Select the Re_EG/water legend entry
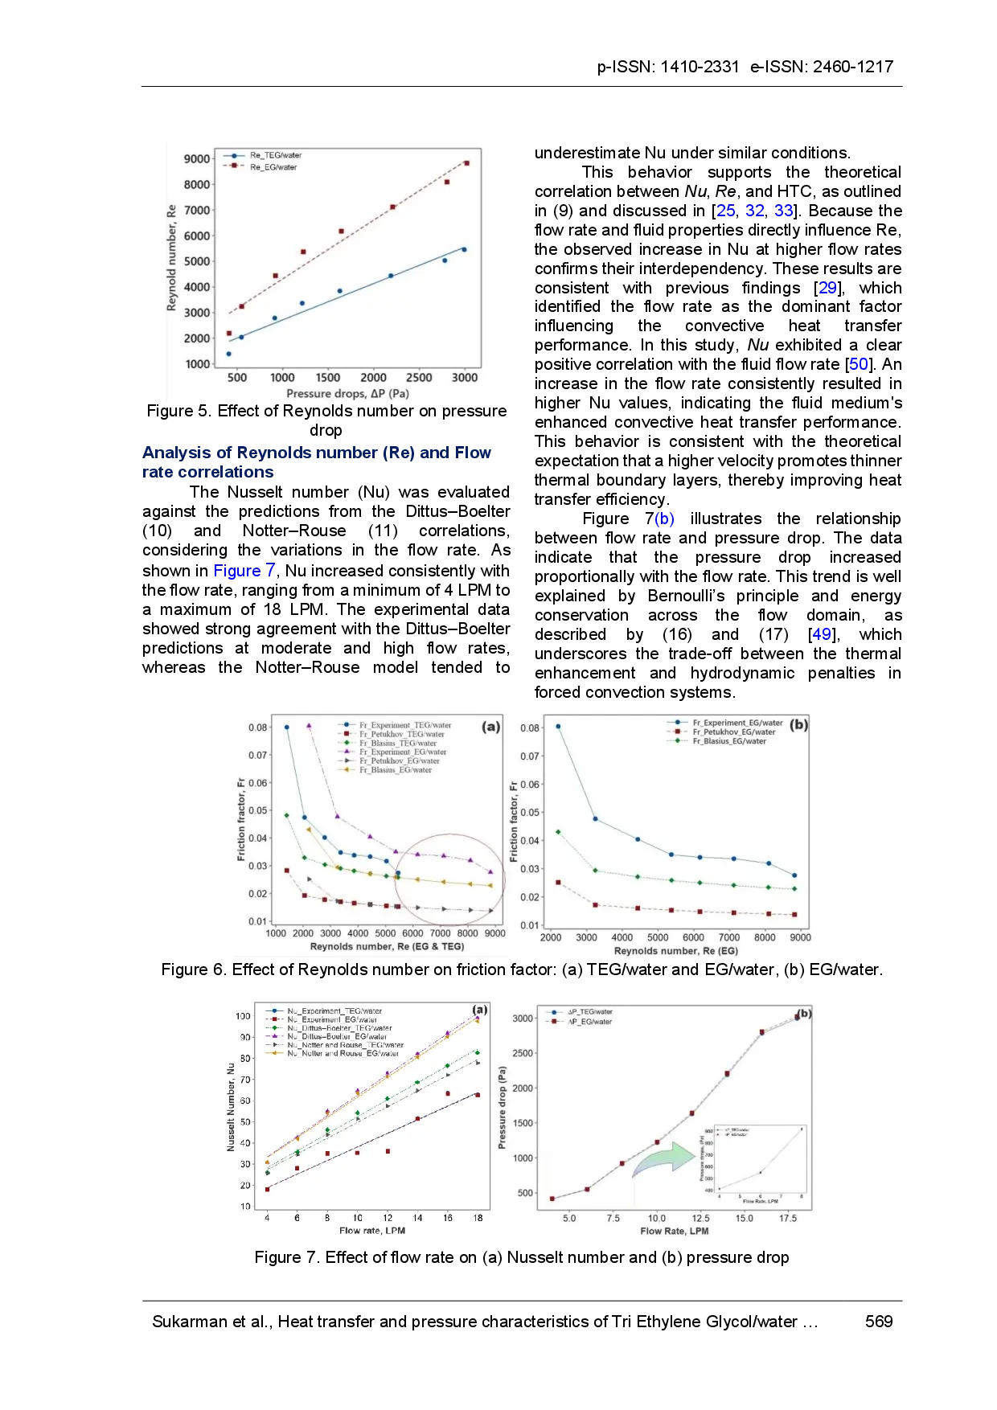[273, 167]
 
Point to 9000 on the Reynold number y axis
[197, 159]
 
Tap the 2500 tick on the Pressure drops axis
[419, 378]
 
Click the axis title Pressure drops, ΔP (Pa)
[347, 394]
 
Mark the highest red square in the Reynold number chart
[466, 163]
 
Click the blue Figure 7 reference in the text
[244, 571]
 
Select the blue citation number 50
[859, 363]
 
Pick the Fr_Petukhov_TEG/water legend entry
[401, 734]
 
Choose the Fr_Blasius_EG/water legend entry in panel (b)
[728, 741]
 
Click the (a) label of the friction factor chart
[490, 727]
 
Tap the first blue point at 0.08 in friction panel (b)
[558, 727]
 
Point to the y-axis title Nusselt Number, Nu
[232, 1107]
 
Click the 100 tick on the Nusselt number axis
[244, 1016]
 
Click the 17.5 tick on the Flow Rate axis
[787, 1219]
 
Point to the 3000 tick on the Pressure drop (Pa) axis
[523, 1019]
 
